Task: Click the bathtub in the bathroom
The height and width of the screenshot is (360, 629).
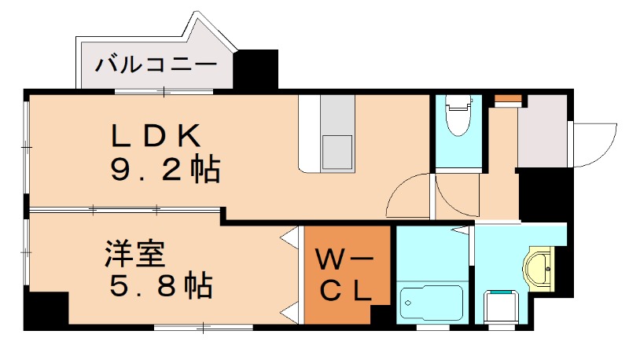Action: click(432, 301)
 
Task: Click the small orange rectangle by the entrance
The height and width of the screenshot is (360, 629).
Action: click(507, 99)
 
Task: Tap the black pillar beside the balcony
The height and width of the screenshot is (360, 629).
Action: click(256, 69)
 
